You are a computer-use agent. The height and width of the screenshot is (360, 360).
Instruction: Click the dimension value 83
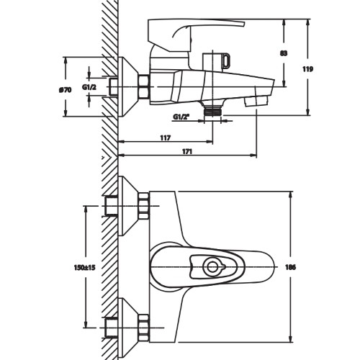pos(284,53)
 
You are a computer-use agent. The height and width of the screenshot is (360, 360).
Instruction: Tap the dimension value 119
pos(307,69)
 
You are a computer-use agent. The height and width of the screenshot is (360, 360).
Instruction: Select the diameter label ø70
pos(65,90)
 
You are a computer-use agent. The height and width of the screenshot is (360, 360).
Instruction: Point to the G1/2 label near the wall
pos(89,87)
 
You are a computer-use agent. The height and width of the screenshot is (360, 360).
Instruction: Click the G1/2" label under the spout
pos(181,117)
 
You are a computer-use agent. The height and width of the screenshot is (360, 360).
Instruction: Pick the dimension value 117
pos(166,138)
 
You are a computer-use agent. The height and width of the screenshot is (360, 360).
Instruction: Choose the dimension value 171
pos(187,152)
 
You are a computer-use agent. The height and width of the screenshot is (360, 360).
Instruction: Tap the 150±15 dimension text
pos(85,267)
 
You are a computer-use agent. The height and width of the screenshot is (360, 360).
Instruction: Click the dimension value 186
pos(291,267)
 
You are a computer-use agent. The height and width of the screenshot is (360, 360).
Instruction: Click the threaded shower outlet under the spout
pos(212,112)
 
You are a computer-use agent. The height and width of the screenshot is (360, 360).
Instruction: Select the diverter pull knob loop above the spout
pos(226,60)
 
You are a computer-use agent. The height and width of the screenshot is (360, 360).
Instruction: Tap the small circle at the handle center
pos(212,267)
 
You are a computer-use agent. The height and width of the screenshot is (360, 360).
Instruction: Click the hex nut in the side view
pos(143,86)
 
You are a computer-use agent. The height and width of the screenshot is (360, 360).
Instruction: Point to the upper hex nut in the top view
pos(143,206)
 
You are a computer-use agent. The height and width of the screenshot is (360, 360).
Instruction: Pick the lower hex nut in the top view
pos(143,328)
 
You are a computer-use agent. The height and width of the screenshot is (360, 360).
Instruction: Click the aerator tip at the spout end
pos(256,101)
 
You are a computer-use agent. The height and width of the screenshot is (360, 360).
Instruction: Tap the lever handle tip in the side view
pos(243,23)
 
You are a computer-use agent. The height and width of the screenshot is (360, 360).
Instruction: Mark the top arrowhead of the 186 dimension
pos(291,194)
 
